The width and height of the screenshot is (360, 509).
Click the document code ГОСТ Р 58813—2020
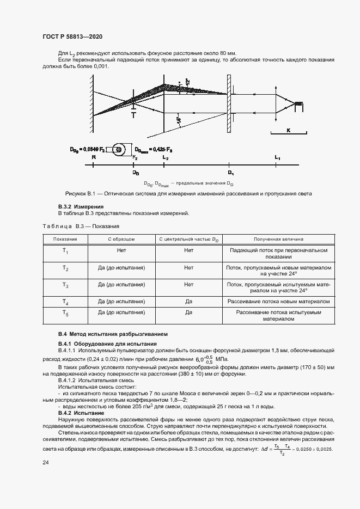tap(72, 36)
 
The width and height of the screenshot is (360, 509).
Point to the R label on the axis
tap(94, 157)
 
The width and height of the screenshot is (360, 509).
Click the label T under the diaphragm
tap(134, 115)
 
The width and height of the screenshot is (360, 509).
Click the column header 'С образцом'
tap(121, 239)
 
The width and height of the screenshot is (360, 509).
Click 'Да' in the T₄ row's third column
tap(189, 301)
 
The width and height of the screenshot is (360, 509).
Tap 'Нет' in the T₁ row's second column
tap(121, 250)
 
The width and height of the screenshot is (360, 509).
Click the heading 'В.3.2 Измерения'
tap(81, 207)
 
